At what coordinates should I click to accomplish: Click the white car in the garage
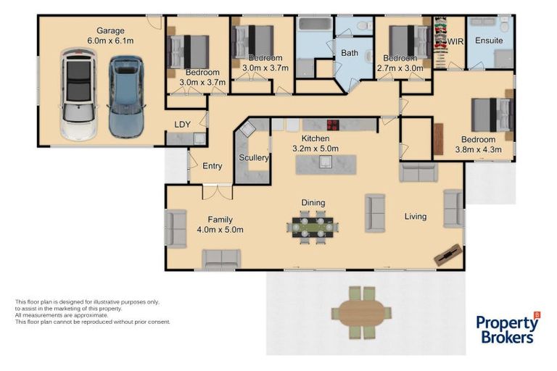click(x=78, y=94)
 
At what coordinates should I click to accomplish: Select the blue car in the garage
click(x=126, y=96)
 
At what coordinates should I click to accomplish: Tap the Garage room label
click(x=110, y=31)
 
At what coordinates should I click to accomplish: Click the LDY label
click(x=182, y=125)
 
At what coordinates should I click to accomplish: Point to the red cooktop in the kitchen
click(x=333, y=125)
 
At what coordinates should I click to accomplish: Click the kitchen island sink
click(x=326, y=162)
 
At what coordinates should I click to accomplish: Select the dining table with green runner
click(x=313, y=227)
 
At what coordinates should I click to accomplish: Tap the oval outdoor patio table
click(x=361, y=313)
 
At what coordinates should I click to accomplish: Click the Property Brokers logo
click(x=508, y=328)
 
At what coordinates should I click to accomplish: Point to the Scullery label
click(x=254, y=158)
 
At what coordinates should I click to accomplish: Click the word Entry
click(x=212, y=166)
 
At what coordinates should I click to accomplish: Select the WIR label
click(x=455, y=42)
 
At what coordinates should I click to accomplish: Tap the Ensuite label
click(x=489, y=41)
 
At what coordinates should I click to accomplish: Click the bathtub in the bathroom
click(x=315, y=24)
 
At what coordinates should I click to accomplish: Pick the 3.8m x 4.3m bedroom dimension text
click(x=478, y=150)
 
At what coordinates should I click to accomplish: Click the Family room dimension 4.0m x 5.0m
click(x=220, y=230)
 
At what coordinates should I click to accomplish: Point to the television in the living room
click(x=448, y=254)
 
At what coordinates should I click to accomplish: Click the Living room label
click(x=416, y=216)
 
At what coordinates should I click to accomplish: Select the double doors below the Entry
click(x=218, y=192)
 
